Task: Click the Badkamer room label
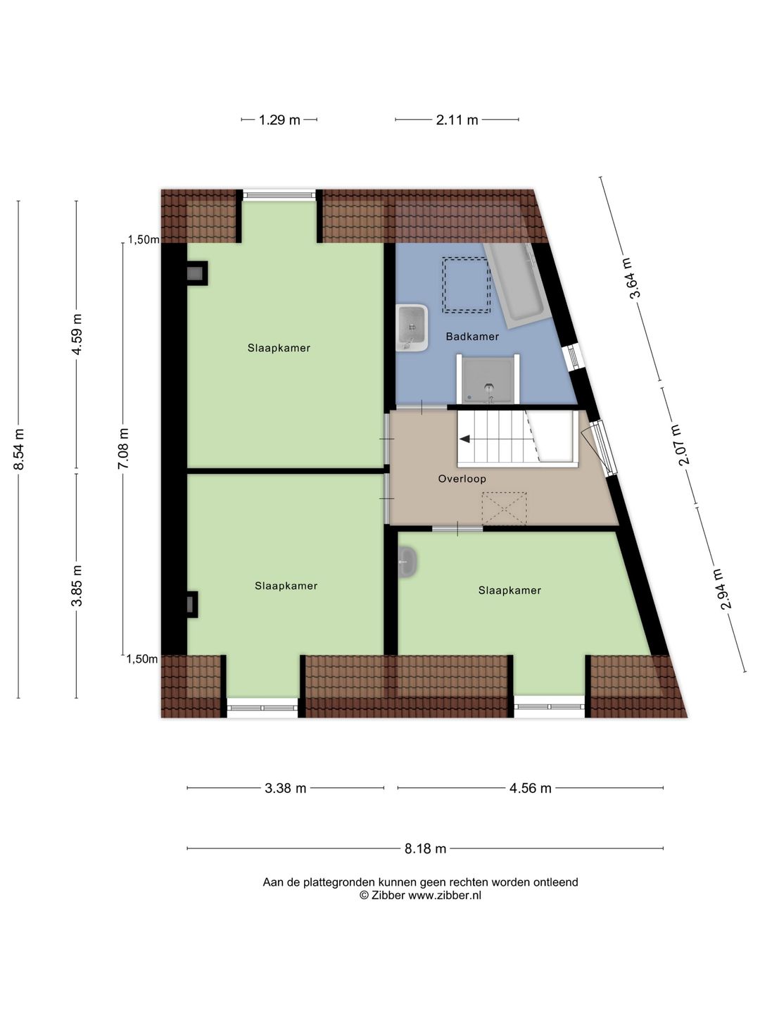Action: (472, 337)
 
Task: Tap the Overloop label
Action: (462, 479)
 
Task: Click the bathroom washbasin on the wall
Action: (412, 327)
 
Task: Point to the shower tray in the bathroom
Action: (488, 380)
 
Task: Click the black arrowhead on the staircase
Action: (465, 439)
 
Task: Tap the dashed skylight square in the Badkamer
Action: (466, 285)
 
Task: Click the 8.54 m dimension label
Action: (19, 449)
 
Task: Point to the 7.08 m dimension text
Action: (124, 449)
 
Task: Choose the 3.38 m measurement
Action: (286, 788)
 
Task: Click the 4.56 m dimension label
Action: (531, 788)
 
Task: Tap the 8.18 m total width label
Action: (425, 849)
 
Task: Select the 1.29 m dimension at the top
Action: (279, 120)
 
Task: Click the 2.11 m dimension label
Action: (457, 120)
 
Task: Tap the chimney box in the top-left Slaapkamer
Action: (196, 273)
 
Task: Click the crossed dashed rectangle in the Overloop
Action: (504, 508)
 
